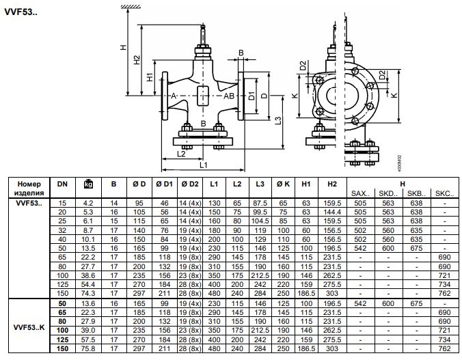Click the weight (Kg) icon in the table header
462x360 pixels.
pyautogui.click(x=88, y=184)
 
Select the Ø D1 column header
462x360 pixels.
pyautogui.click(x=164, y=184)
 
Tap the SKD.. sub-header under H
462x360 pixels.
pyautogui.click(x=388, y=193)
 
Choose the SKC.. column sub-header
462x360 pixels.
pyautogui.click(x=445, y=193)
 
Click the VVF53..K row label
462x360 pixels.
pyautogui.click(x=29, y=327)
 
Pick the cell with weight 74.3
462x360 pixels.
pyautogui.click(x=88, y=294)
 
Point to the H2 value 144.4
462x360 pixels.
pyautogui.click(x=332, y=212)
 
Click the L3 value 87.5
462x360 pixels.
pyautogui.click(x=260, y=204)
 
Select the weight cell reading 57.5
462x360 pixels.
pyautogui.click(x=88, y=340)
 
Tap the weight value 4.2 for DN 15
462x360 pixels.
pyautogui.click(x=88, y=204)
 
